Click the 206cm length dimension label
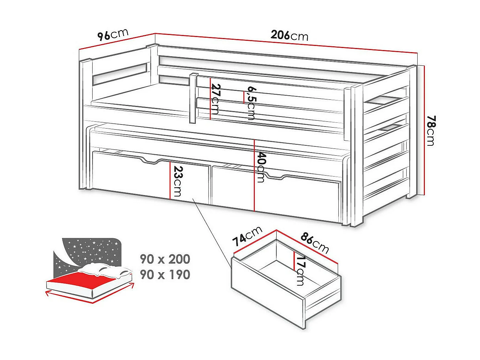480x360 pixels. [289, 35]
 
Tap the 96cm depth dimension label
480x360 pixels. [112, 35]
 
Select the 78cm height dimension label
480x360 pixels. [430, 130]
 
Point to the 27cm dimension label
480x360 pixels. [215, 99]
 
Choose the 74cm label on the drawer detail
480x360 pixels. [247, 236]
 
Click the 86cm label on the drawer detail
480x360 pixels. [315, 243]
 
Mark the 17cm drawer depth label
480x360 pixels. [300, 271]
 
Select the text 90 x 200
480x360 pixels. [165, 259]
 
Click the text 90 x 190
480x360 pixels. [165, 275]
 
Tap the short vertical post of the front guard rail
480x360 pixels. [193, 98]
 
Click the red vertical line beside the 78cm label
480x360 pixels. [425, 130]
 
